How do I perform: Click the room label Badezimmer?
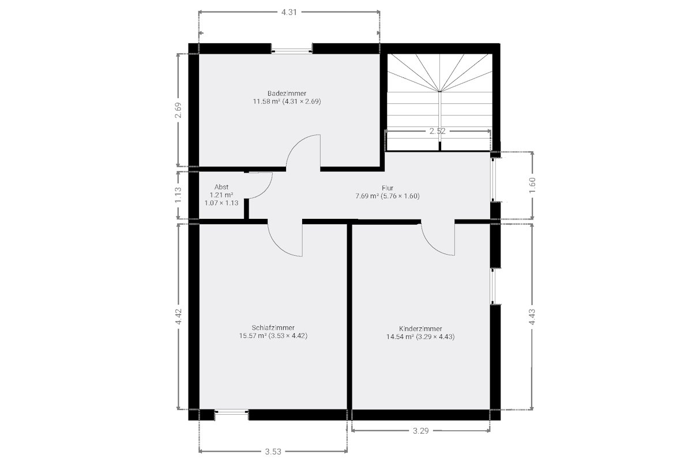(287, 93)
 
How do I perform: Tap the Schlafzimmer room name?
(273, 327)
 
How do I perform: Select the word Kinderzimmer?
(420, 329)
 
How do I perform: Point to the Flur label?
(388, 188)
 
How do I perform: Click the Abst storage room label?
(221, 187)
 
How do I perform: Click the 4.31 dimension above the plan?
(289, 12)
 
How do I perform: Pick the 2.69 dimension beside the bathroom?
(178, 110)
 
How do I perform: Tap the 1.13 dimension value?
(178, 195)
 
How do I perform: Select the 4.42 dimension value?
(178, 316)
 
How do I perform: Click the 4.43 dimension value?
(532, 317)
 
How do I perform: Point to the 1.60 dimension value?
(532, 185)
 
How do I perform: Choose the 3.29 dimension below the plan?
(421, 430)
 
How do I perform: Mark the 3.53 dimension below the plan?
(273, 452)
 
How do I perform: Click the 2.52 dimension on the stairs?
(438, 131)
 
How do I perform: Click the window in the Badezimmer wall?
(292, 51)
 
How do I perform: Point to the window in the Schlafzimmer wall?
(231, 412)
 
